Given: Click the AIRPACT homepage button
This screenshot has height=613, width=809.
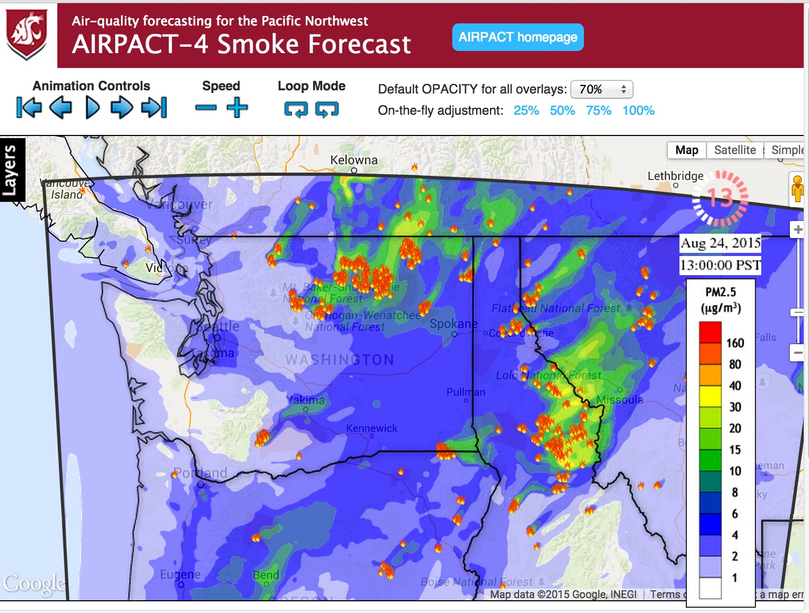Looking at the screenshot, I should click(x=518, y=37).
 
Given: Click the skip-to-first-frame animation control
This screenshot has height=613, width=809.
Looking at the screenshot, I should click(x=29, y=108).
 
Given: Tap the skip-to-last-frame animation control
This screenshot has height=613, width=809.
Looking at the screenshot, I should click(x=154, y=108).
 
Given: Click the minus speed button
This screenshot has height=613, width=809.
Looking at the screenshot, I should click(x=206, y=108).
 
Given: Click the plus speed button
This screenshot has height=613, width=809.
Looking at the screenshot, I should click(x=237, y=108).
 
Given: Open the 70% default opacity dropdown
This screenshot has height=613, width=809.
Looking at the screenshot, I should click(x=601, y=89).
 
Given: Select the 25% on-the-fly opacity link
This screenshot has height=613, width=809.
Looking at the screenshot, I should click(x=526, y=110).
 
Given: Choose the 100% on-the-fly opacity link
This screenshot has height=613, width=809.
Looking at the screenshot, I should click(x=638, y=110).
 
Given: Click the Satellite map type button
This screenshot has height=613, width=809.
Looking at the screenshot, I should click(x=735, y=150).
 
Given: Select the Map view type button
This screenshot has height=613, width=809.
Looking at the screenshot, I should click(x=686, y=150).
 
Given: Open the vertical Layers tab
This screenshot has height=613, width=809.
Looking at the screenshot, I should click(x=12, y=170).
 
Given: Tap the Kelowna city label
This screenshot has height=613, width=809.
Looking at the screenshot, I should click(x=354, y=160).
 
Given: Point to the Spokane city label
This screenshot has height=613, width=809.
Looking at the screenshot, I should click(x=453, y=323).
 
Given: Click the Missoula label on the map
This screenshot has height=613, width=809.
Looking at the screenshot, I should click(x=619, y=399).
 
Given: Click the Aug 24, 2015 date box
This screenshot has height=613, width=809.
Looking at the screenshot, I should click(x=720, y=243).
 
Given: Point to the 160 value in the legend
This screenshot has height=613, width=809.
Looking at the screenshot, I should click(x=735, y=343).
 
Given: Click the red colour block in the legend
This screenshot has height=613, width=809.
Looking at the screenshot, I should click(x=710, y=333).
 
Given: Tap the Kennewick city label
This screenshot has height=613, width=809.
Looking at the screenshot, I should click(x=372, y=428).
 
